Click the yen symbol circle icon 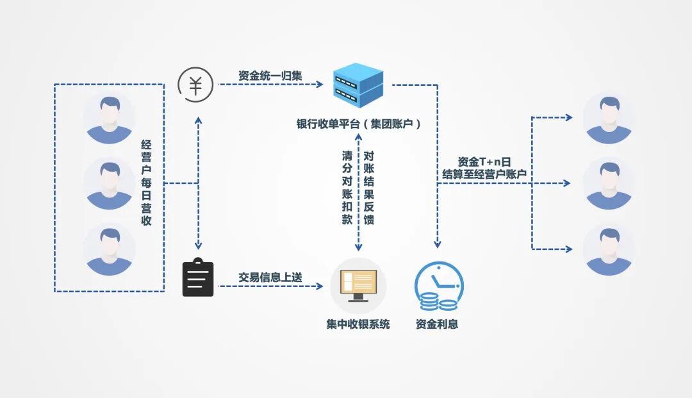(196, 85)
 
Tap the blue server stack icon (358, 85)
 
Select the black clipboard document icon (198, 278)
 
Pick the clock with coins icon (438, 286)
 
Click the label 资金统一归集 (270, 76)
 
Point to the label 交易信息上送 (270, 277)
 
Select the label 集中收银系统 (358, 324)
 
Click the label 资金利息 (437, 324)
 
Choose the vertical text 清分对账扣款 (347, 187)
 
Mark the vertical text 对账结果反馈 (368, 187)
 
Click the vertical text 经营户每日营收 (146, 183)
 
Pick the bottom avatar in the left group (109, 249)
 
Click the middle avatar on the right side (608, 184)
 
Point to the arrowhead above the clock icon (438, 244)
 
